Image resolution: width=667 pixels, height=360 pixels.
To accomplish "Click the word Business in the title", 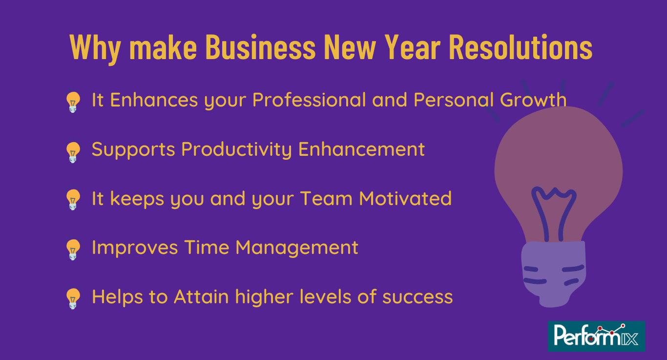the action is pyautogui.click(x=261, y=47).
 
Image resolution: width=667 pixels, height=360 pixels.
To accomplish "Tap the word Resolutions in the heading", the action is pyautogui.click(x=521, y=47).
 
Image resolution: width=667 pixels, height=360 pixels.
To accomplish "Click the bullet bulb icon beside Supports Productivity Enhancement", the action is pyautogui.click(x=73, y=151).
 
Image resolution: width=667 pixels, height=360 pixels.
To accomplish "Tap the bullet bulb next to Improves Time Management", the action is pyautogui.click(x=73, y=249).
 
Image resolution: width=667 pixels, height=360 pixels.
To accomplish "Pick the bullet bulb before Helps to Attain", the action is pyautogui.click(x=73, y=298).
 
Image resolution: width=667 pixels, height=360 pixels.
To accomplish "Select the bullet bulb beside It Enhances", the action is pyautogui.click(x=73, y=102).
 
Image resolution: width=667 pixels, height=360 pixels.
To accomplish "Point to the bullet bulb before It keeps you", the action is pyautogui.click(x=73, y=199).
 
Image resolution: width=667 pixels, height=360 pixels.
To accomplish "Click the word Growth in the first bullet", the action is pyautogui.click(x=533, y=100).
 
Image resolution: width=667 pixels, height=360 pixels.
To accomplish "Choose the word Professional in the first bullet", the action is pyautogui.click(x=309, y=101).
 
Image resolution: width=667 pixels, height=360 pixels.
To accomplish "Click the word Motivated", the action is pyautogui.click(x=405, y=198).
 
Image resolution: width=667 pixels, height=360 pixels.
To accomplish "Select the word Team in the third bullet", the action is pyautogui.click(x=326, y=198).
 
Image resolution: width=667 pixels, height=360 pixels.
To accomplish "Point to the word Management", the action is pyautogui.click(x=297, y=248).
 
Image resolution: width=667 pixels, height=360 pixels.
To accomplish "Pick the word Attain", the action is pyautogui.click(x=201, y=296).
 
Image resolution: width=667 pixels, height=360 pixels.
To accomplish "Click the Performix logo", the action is pyautogui.click(x=596, y=336).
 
